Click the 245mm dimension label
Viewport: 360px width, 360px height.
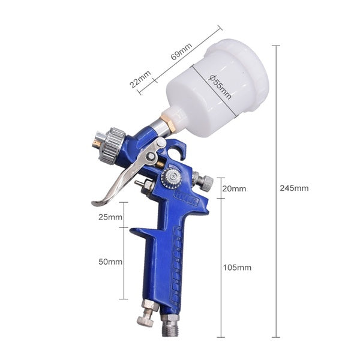point(294,188)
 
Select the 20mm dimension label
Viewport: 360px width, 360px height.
point(234,188)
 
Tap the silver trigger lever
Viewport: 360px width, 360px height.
point(123,179)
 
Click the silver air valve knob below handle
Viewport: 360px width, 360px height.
point(146,316)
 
